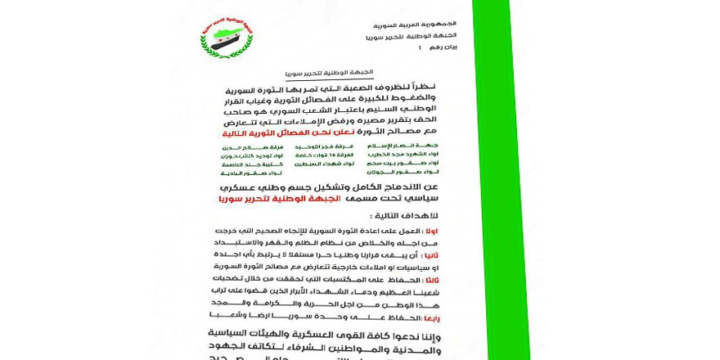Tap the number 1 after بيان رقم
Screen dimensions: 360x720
pos(420,48)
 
